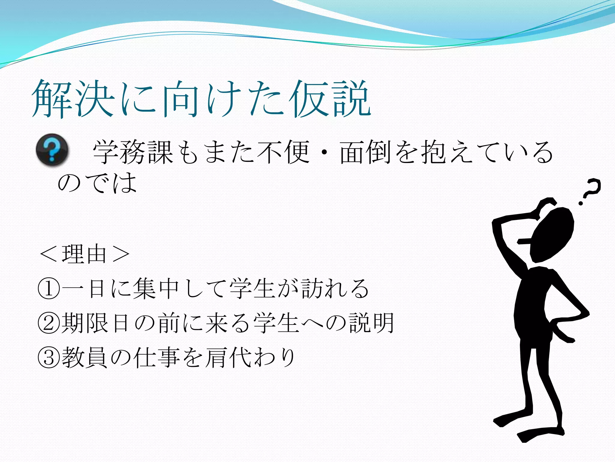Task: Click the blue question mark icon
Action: click(52, 149)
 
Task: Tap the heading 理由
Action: click(84, 254)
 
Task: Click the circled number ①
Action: click(48, 289)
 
